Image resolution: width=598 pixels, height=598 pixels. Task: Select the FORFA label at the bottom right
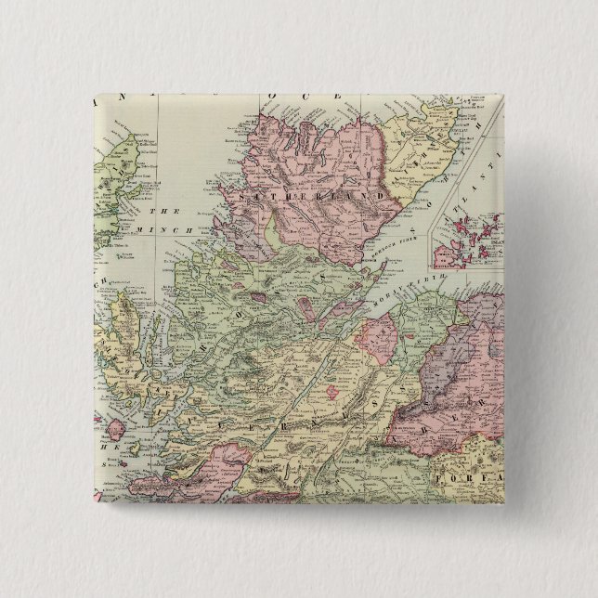pos(472,481)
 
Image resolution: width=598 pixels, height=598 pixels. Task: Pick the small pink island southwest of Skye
pos(116,430)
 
